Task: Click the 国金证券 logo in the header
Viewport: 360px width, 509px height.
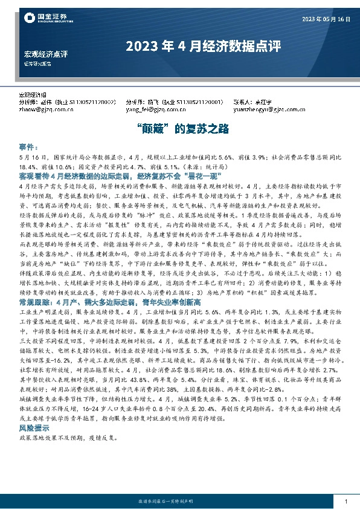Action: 46,19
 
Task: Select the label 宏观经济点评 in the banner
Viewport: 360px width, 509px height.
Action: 46,54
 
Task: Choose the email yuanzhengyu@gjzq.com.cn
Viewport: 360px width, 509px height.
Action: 266,110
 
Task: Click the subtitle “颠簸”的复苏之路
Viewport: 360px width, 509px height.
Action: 180,129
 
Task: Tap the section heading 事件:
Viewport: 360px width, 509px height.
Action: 28,147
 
